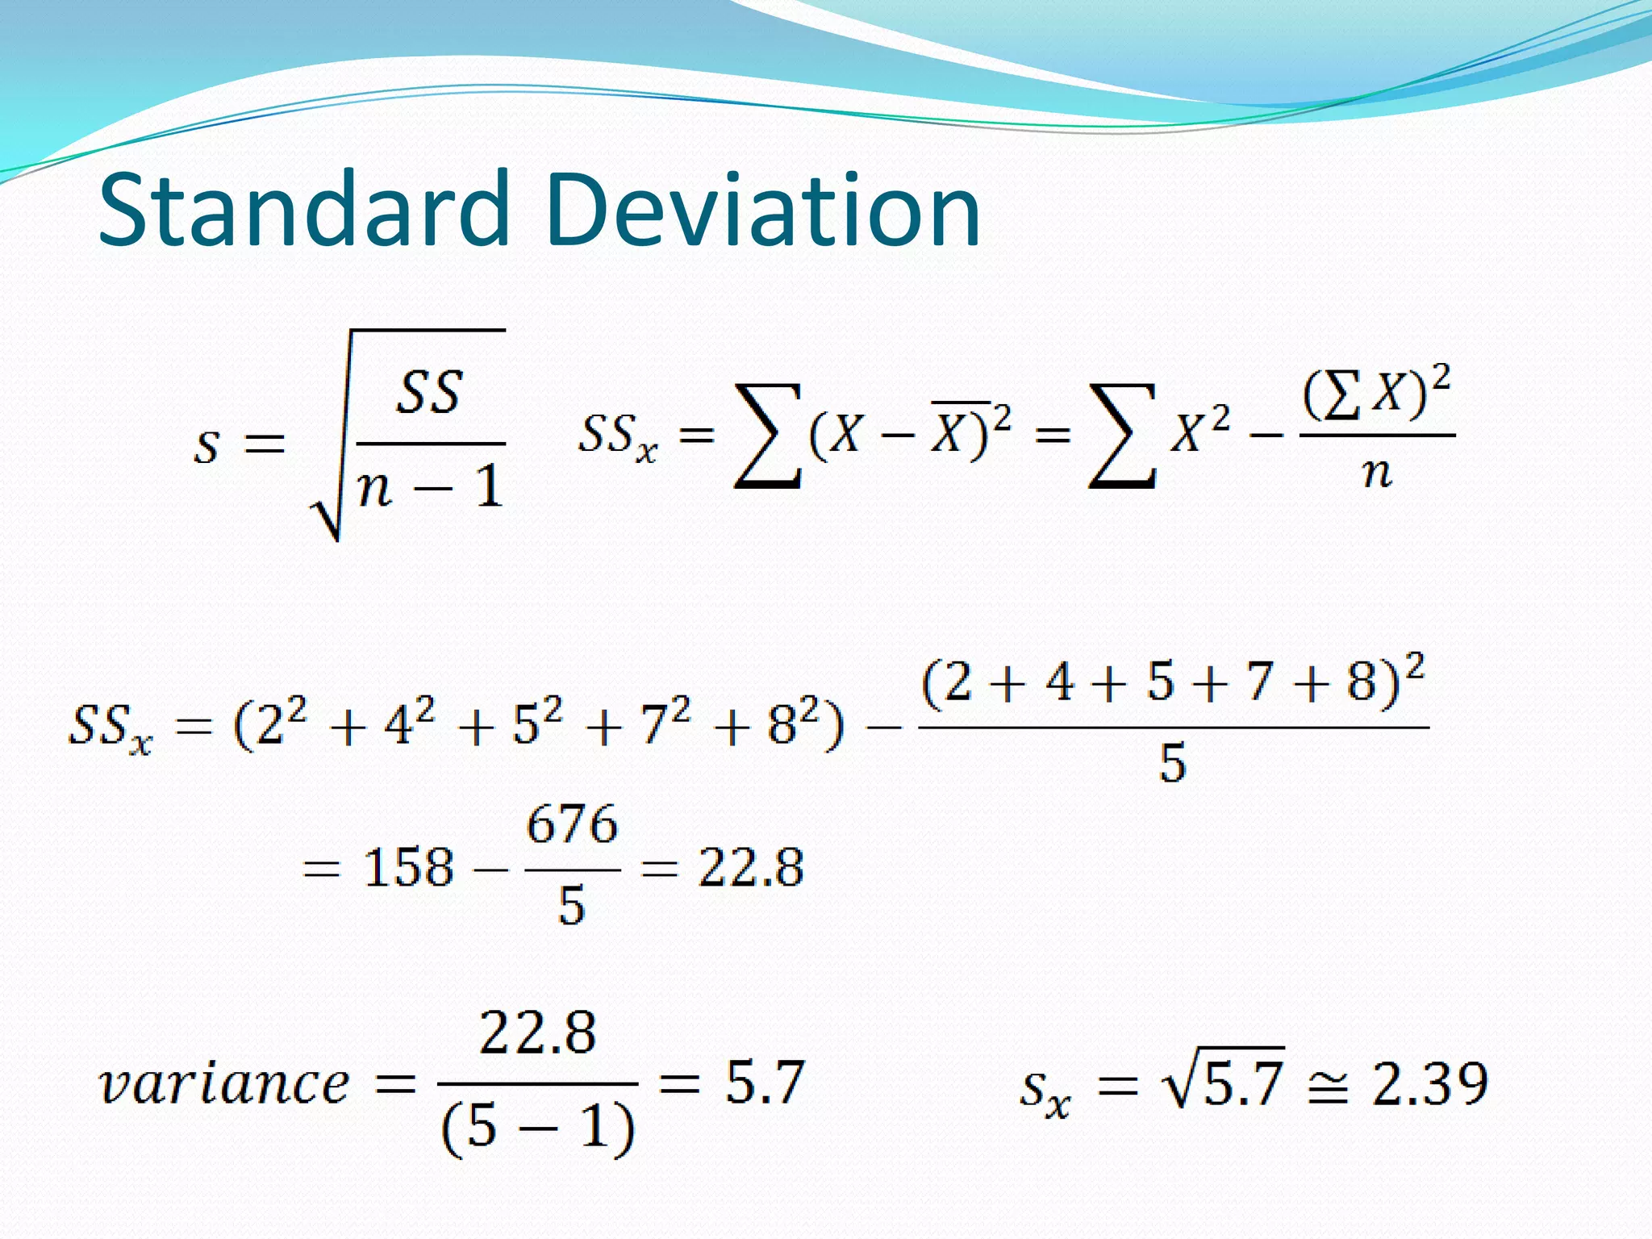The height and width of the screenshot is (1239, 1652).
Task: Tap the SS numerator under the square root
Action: (x=430, y=393)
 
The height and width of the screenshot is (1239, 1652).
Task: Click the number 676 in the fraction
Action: (x=572, y=825)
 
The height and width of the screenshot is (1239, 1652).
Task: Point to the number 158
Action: (x=408, y=869)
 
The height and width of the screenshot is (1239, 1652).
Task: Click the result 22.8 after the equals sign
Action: (x=751, y=869)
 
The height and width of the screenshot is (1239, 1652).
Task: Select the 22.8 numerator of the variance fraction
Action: (x=537, y=1032)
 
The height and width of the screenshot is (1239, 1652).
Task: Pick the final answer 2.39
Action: (x=1429, y=1083)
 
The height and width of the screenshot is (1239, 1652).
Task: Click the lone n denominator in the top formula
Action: (x=1377, y=473)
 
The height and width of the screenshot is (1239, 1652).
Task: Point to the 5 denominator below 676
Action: (x=571, y=906)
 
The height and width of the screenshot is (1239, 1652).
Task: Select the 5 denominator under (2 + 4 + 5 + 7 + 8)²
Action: (x=1173, y=763)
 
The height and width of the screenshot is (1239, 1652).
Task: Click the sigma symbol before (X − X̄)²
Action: (x=767, y=436)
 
